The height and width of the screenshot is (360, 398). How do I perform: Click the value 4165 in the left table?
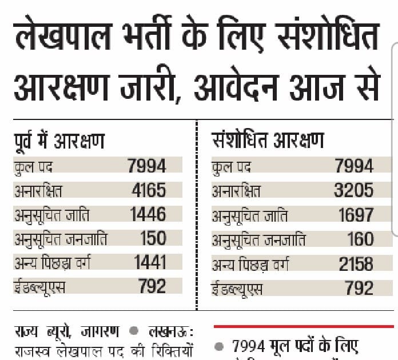coord(148,190)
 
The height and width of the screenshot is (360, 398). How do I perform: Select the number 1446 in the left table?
coord(148,214)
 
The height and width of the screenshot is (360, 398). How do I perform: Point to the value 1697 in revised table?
coord(355,215)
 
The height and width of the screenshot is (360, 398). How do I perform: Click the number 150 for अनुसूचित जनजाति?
coord(153,238)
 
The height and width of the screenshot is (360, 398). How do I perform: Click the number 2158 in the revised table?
coord(355,263)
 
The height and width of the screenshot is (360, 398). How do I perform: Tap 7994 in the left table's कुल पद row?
coord(148,166)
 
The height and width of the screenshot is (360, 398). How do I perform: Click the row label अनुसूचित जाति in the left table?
coord(52,215)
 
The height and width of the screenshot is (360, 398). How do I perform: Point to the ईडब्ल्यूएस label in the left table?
coord(40,286)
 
